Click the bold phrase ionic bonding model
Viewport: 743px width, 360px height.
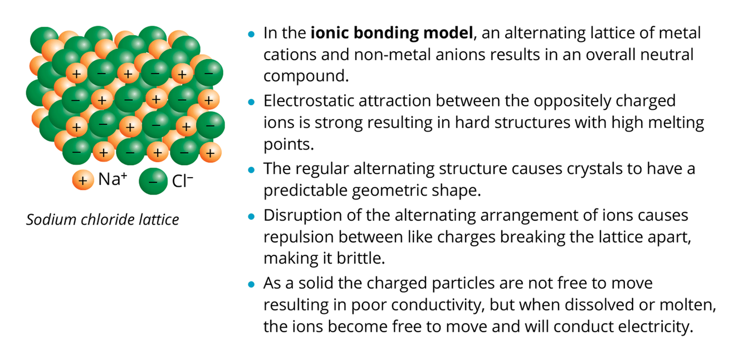[x=392, y=33]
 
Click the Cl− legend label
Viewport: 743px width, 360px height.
[x=183, y=181]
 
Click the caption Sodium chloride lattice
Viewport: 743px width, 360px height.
[x=102, y=220]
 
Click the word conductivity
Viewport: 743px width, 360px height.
[x=406, y=305]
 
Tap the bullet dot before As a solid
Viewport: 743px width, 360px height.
[x=251, y=284]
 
